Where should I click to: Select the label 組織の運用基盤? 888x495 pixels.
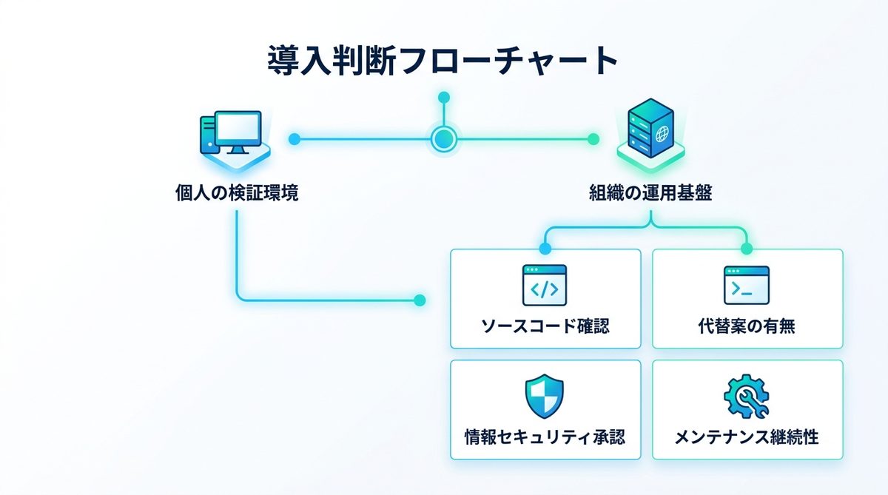650,195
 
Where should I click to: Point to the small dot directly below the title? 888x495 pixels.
443,97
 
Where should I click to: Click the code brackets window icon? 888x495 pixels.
545,285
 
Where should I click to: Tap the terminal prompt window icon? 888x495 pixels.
747,285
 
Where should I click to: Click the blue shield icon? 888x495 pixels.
545,397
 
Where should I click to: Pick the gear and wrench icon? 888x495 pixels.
747,397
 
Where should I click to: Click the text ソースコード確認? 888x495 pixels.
545,326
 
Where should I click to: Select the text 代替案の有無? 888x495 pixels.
747,326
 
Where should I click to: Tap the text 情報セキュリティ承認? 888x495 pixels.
545,437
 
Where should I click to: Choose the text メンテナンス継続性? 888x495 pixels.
747,437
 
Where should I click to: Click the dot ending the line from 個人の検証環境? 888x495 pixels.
420,300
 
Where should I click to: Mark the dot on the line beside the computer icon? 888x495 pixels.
294,138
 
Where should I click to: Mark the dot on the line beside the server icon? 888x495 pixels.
592,138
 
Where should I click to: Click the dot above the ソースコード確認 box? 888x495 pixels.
545,249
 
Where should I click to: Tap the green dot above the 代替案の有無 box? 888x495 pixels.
746,249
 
